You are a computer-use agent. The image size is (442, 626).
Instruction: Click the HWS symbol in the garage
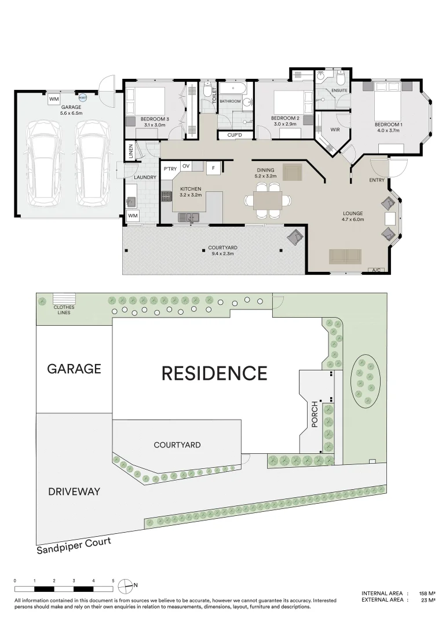[82, 98]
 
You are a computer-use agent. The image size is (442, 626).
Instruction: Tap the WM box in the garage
[54, 99]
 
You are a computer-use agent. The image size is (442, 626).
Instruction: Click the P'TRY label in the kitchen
[170, 169]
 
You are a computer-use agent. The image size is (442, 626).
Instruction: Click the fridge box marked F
[213, 168]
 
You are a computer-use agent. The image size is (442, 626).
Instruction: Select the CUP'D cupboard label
[234, 135]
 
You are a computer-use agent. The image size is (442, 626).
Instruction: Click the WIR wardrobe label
[335, 129]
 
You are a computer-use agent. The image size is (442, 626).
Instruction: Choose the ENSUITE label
[339, 90]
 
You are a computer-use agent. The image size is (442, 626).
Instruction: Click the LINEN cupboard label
[131, 152]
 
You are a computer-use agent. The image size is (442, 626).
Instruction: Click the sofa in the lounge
[345, 256]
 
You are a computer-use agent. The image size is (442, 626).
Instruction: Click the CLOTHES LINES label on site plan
[63, 310]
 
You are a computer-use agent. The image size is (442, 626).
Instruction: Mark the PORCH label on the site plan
[315, 414]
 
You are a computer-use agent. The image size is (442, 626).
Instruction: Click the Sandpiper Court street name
[73, 546]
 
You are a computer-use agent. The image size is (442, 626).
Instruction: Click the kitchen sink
[189, 217]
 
